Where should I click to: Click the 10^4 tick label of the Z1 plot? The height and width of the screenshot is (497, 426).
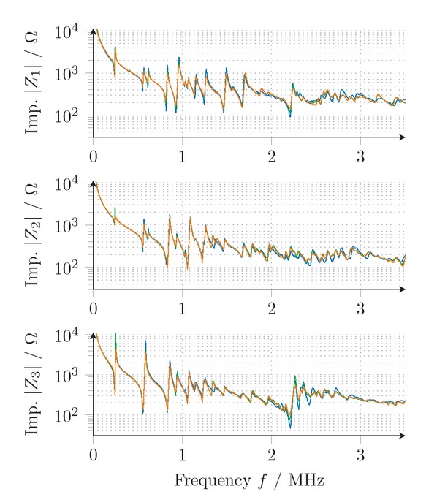[x=71, y=31]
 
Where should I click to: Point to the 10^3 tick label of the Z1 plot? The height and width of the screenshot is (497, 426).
[x=71, y=73]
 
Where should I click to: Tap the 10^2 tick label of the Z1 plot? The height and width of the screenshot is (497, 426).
[x=71, y=115]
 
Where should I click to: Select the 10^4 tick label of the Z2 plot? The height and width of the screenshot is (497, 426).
[x=71, y=183]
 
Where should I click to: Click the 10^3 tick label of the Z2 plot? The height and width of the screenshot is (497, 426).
[x=71, y=225]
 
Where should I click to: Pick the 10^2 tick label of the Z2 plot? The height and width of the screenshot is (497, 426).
[x=71, y=267]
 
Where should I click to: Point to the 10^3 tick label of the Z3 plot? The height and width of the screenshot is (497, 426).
[x=71, y=375]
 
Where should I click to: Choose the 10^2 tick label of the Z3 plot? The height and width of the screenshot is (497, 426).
[x=71, y=415]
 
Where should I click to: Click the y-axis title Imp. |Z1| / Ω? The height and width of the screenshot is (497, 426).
[x=32, y=83]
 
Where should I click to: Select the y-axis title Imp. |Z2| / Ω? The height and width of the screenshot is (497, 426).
[x=32, y=235]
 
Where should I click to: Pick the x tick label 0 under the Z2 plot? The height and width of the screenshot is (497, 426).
[x=94, y=308]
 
